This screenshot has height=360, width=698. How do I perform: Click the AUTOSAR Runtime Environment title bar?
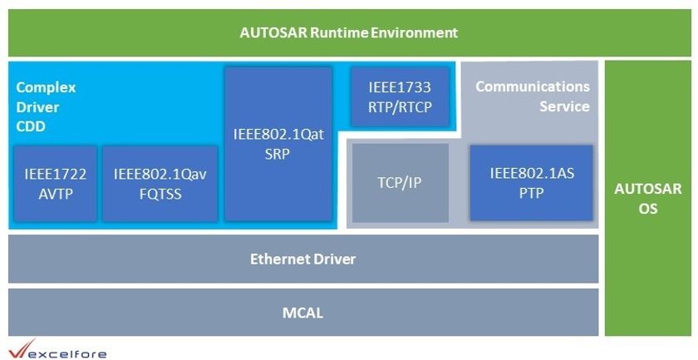(x=348, y=33)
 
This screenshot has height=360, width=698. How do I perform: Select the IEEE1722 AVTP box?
(x=55, y=183)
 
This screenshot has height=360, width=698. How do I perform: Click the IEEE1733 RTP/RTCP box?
(x=401, y=96)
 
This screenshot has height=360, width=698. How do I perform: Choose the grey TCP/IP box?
(x=401, y=182)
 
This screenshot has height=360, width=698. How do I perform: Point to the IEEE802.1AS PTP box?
(x=531, y=182)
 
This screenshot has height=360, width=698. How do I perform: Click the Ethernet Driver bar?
(x=302, y=259)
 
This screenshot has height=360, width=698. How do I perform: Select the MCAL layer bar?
(x=302, y=313)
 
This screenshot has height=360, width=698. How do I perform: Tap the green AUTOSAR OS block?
(x=647, y=198)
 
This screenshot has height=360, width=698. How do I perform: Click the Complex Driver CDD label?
(x=46, y=106)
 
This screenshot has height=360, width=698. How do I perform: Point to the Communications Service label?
(x=533, y=96)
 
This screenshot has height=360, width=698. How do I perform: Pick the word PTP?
(x=531, y=192)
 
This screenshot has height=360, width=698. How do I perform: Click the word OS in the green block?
(x=647, y=209)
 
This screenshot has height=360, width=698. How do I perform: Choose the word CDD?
(x=30, y=126)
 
